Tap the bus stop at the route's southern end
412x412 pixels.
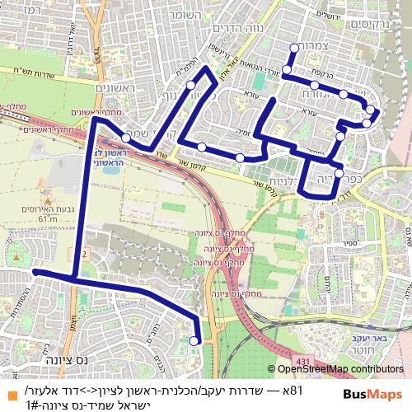pos(195,339)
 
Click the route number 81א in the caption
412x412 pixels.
pos(293,389)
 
